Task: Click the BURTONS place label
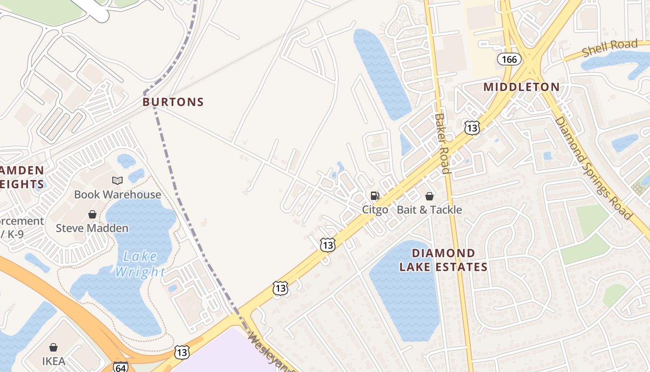(173, 102)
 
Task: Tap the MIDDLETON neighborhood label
(521, 87)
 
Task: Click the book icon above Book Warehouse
(117, 181)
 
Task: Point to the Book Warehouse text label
(117, 194)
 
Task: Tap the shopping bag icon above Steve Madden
(92, 214)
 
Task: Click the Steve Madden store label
(92, 228)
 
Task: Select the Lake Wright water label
(140, 264)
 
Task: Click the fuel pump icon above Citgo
(375, 196)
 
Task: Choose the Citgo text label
(375, 210)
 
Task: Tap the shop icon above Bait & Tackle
(429, 196)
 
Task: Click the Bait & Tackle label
(429, 210)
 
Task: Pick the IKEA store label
(53, 361)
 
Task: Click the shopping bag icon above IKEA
(53, 347)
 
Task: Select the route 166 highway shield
(509, 59)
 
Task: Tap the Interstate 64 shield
(120, 367)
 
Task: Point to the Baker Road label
(442, 143)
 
